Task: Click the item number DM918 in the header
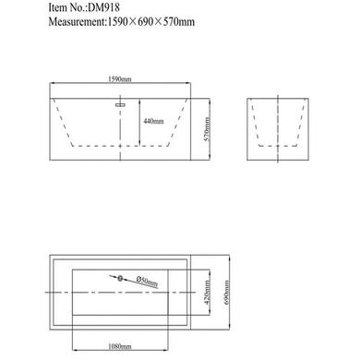pyautogui.click(x=103, y=8)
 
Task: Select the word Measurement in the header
pyautogui.click(x=77, y=22)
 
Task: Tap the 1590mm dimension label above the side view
pyautogui.click(x=120, y=79)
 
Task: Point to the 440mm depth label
pyautogui.click(x=153, y=121)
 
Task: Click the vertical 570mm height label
pyautogui.click(x=207, y=129)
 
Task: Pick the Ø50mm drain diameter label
pyautogui.click(x=148, y=282)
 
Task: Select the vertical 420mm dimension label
pyautogui.click(x=207, y=293)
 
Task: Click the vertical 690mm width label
pyautogui.click(x=226, y=293)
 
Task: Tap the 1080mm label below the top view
pyautogui.click(x=120, y=346)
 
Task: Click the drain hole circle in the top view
pyautogui.click(x=120, y=279)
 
